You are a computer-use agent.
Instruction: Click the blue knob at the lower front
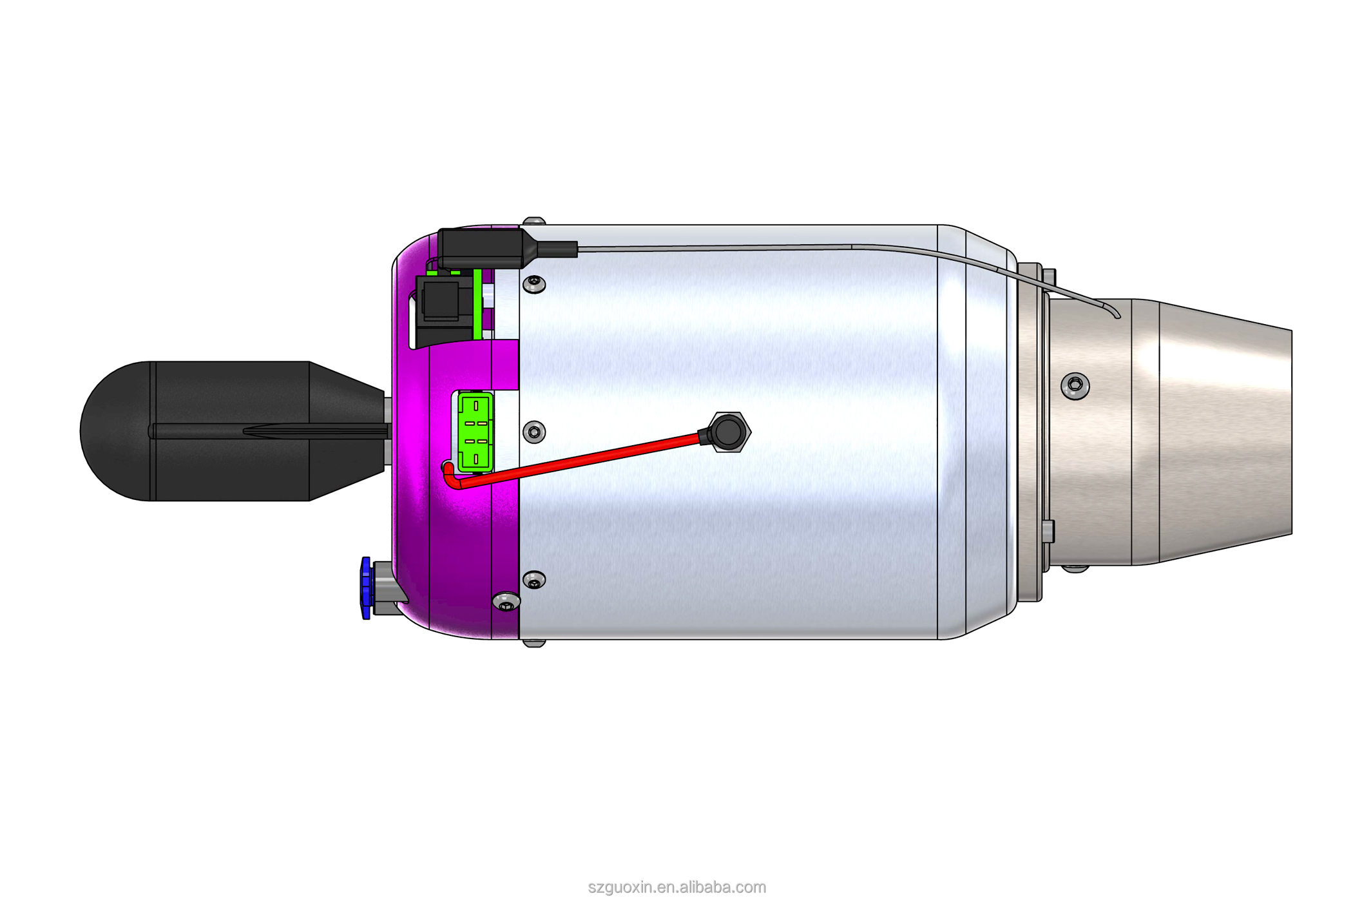coord(366,588)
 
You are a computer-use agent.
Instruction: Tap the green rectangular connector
coord(475,432)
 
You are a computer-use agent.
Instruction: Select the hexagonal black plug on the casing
coord(728,432)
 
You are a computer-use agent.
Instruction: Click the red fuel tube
coord(580,458)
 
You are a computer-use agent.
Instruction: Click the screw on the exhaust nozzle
coord(1075,385)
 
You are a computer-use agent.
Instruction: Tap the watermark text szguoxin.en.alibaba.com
coord(676,887)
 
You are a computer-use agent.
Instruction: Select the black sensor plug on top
coord(483,248)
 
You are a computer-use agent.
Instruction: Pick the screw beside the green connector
coord(534,432)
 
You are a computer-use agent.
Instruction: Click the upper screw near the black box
coord(534,283)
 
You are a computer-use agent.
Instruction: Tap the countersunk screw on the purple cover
coord(506,602)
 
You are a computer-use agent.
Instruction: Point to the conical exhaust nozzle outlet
coord(1224,432)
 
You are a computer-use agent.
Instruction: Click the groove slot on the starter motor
coord(271,431)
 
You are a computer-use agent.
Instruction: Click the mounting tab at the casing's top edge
coord(534,221)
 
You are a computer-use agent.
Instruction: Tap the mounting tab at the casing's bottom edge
coord(534,643)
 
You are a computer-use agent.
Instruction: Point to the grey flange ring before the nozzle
coord(1030,432)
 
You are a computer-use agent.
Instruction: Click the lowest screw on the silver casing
coord(534,581)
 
